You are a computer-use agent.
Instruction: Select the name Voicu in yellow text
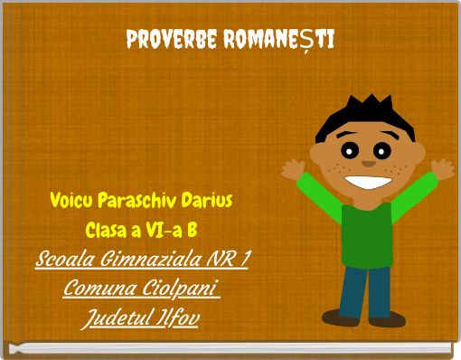coord(71,198)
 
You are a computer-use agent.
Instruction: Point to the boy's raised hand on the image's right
coord(441,169)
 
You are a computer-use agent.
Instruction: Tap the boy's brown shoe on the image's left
coord(343,318)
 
